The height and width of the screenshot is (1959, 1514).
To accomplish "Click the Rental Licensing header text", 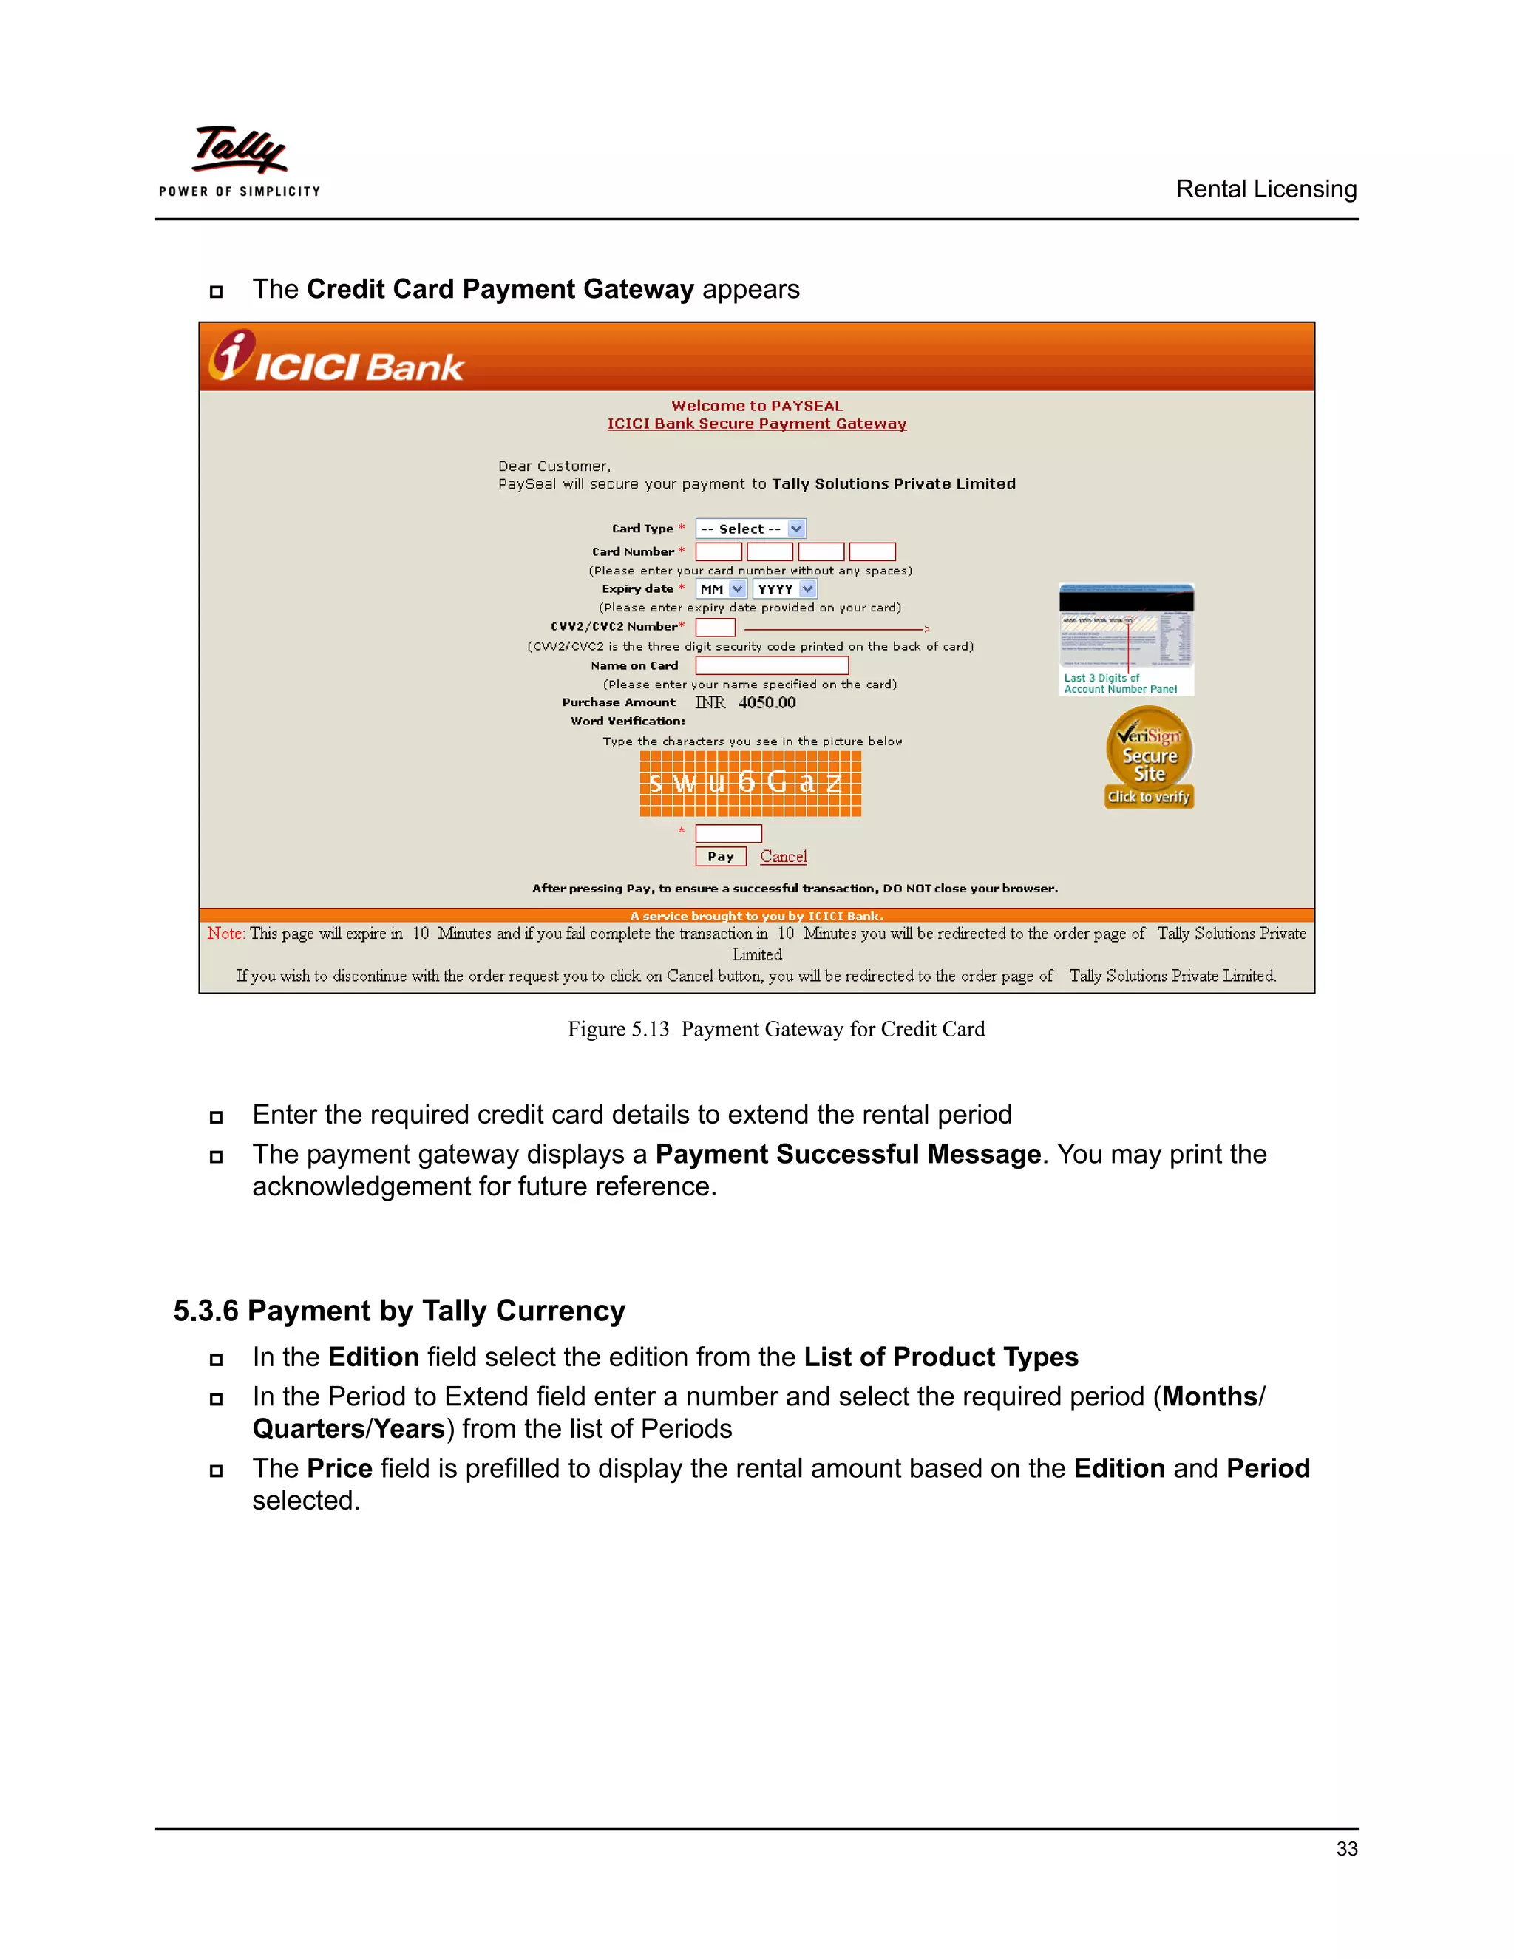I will tap(1266, 189).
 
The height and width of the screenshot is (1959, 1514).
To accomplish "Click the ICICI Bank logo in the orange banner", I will tap(336, 358).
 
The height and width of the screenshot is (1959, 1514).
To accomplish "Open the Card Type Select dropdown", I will tap(751, 529).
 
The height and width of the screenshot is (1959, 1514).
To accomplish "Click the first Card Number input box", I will tap(719, 551).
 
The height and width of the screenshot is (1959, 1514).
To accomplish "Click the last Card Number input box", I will tap(872, 551).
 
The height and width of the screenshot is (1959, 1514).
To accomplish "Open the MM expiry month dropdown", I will tap(721, 589).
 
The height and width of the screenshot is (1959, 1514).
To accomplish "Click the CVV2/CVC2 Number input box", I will tap(715, 628).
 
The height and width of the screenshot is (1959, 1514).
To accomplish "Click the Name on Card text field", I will tap(771, 665).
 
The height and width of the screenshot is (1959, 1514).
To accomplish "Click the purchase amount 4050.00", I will tap(767, 702).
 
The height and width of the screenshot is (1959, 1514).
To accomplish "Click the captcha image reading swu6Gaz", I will tap(750, 783).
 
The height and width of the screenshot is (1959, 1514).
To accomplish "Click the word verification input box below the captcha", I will tap(728, 833).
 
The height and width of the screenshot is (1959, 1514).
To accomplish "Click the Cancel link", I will tap(783, 857).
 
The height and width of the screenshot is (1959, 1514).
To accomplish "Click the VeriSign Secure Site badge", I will tap(1149, 758).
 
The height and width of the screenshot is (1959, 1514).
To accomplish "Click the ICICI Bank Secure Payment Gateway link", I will tap(757, 424).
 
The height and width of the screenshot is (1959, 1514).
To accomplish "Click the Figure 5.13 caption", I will tap(775, 1029).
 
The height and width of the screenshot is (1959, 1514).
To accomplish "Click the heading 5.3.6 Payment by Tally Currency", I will tap(399, 1311).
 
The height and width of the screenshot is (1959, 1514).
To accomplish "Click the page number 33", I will tap(1346, 1849).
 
